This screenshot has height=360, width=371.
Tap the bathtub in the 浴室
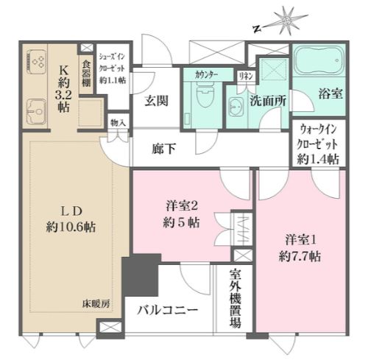coord(319,60)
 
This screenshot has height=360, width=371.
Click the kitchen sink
coord(36,112)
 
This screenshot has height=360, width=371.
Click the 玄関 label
coord(156,101)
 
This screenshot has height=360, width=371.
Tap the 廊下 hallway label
coord(163,149)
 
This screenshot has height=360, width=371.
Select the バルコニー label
coord(168,311)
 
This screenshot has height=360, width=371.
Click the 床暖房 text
coord(96,304)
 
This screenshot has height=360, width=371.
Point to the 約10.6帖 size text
coord(71,227)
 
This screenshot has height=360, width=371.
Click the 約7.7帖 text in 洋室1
coord(300,256)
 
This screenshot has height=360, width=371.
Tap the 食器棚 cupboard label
coord(86,74)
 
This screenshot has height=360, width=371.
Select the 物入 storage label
coord(119,123)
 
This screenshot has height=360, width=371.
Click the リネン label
coord(246,77)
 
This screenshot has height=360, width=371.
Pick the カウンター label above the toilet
coord(206,75)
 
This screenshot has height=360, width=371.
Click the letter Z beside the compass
coord(257,29)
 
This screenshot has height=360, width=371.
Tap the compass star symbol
coord(288,20)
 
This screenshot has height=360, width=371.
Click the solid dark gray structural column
coord(141,275)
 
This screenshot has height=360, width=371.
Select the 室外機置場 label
coord(235,299)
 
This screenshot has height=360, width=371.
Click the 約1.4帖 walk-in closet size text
coord(318,160)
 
